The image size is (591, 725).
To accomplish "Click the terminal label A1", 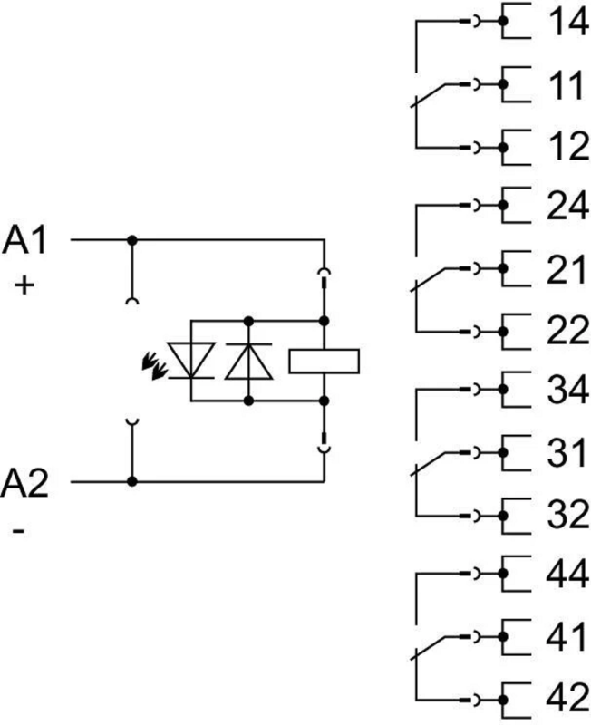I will tap(28, 241).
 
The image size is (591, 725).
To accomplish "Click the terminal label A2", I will tap(28, 481).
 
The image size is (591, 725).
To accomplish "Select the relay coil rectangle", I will tap(324, 361).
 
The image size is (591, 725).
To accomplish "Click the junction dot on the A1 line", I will tap(132, 240).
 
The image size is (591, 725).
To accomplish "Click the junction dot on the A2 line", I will tap(132, 481).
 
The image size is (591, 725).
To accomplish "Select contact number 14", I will tap(566, 23).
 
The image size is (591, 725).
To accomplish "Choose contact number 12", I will tap(566, 147).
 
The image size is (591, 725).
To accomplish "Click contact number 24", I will tap(567, 208).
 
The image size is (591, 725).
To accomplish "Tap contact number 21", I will tap(567, 270).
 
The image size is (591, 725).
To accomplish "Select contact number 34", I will tap(567, 393).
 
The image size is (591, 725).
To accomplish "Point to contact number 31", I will tap(567, 455).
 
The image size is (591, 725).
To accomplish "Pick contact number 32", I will tap(567, 516).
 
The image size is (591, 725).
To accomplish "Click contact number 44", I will tap(567, 577).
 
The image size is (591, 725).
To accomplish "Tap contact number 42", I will tap(567, 700).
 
